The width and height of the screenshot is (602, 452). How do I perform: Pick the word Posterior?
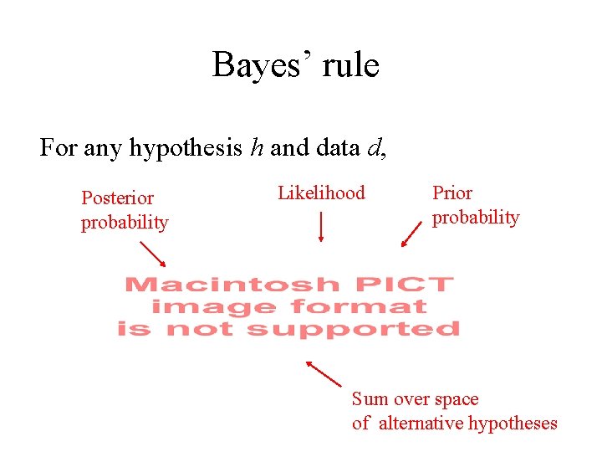point(117,198)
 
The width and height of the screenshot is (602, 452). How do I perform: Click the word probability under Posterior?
point(125,223)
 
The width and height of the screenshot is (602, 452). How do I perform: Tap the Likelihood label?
point(321,193)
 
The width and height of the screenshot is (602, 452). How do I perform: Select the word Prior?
point(452,193)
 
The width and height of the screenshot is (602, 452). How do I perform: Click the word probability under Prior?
point(476,218)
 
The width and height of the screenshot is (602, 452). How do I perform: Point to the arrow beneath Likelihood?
point(321,227)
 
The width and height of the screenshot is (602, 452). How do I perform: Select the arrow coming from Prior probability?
point(411,234)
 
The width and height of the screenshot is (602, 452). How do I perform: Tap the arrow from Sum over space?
point(324,373)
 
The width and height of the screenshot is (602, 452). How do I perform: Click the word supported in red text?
point(353,329)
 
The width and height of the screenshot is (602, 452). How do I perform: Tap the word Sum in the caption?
point(369,399)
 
